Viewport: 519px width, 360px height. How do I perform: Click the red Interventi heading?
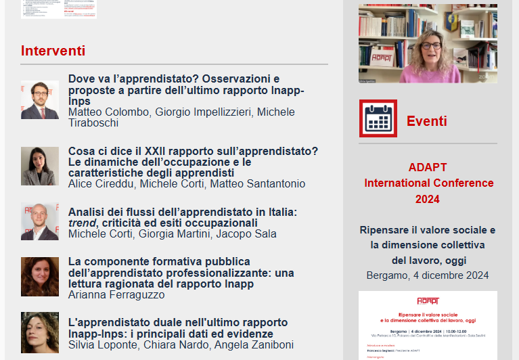pos(53,51)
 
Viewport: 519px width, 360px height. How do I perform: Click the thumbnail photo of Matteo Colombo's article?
pos(40,99)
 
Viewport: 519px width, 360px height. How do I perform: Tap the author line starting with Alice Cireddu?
pos(187,184)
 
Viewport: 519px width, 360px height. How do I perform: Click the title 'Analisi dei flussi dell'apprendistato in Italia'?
pos(183,212)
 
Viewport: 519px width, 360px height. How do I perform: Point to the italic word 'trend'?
pos(81,223)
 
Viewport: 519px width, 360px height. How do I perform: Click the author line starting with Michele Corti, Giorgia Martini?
pos(173,234)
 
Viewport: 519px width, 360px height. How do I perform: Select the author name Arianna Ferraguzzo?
pos(116,295)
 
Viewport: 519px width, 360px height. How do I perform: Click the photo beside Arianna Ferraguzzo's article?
pos(40,276)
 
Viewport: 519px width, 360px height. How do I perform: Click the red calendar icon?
pos(378,119)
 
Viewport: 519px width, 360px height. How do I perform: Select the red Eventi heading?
pos(426,121)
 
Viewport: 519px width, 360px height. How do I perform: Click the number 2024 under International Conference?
pos(428,199)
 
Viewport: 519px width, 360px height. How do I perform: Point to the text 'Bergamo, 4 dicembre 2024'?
pos(428,275)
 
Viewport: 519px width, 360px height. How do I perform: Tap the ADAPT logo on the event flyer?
pos(428,300)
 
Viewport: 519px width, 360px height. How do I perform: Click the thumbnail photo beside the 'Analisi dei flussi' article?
pos(40,222)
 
